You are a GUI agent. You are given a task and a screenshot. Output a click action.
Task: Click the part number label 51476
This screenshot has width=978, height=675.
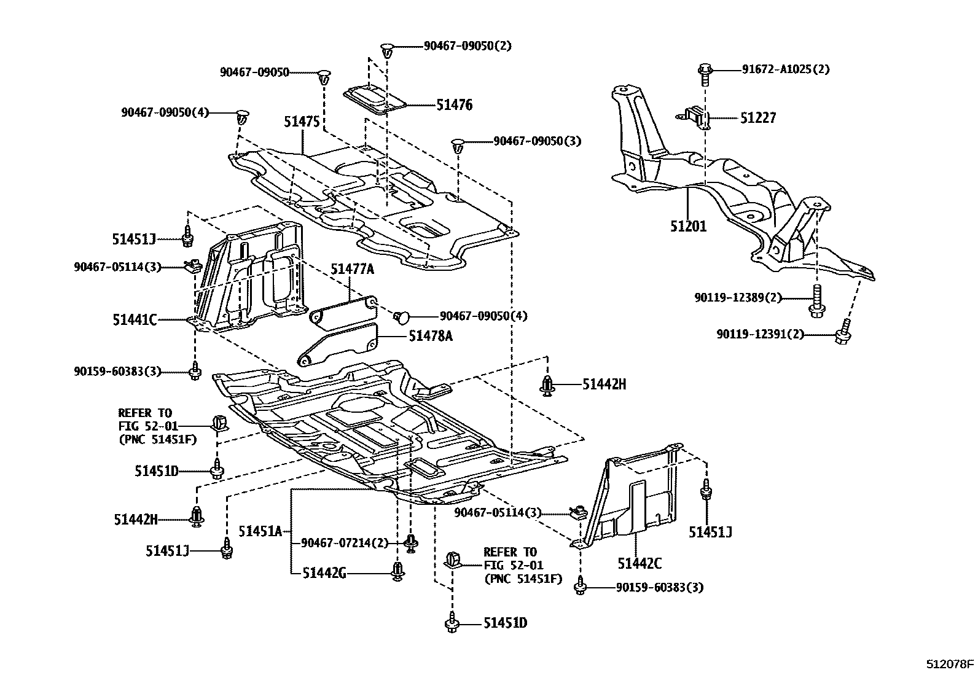454,105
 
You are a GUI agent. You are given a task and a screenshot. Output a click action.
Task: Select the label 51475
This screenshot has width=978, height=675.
302,122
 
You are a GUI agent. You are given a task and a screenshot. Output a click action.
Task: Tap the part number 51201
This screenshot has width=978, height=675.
688,227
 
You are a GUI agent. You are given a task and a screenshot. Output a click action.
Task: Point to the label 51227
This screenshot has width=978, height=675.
757,118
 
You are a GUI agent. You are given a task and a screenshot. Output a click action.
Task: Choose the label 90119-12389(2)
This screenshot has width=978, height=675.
738,298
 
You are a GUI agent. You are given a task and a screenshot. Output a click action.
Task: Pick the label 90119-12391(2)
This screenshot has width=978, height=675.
759,335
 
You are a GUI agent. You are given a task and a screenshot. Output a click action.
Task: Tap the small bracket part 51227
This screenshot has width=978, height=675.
697,117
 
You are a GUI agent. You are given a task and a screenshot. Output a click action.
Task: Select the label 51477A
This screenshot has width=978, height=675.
352,269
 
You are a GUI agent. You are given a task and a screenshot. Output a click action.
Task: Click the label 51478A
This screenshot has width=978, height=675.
430,336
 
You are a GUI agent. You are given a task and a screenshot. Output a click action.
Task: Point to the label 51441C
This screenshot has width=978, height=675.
135,320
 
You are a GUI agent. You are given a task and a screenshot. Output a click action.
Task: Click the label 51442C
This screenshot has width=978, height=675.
640,563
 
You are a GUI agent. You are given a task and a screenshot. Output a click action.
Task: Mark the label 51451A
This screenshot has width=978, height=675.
260,531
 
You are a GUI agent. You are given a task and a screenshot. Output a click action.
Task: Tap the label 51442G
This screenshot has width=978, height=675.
324,573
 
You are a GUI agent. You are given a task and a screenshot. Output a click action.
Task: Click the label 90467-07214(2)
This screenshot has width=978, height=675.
345,543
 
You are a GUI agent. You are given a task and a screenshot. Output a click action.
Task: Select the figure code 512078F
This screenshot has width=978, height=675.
950,664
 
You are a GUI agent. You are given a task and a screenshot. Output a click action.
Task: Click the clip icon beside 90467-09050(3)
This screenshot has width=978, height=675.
457,146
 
